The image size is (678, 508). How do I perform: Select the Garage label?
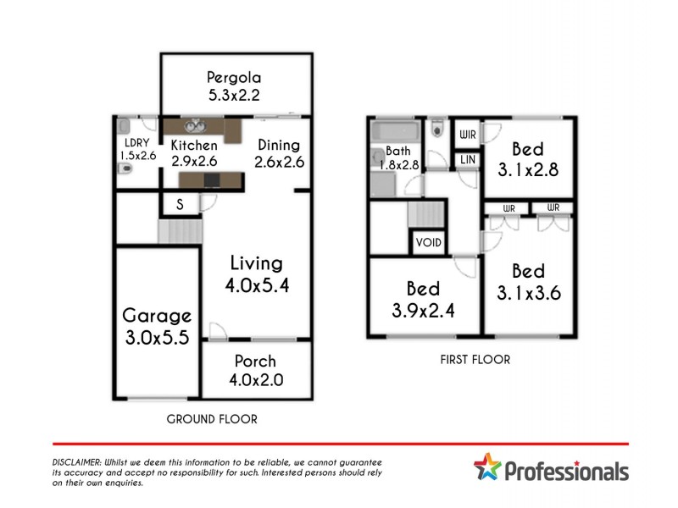(x=157, y=316)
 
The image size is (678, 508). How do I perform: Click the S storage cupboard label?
(x=180, y=205)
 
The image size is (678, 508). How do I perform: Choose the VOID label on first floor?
(x=428, y=243)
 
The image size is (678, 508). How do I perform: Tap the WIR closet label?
(x=467, y=135)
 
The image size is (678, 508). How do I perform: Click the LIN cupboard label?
(x=467, y=160)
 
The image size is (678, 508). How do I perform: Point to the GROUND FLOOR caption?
(x=212, y=418)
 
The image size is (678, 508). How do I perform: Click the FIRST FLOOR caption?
(x=475, y=359)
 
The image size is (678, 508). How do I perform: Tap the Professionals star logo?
(x=487, y=467)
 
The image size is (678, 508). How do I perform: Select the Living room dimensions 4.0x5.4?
(x=257, y=285)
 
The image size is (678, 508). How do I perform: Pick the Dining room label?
(x=280, y=145)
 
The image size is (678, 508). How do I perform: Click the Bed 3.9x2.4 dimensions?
(x=424, y=310)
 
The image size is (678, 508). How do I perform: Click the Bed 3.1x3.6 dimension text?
(x=528, y=294)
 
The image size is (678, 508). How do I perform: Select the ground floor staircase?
(x=177, y=229)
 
